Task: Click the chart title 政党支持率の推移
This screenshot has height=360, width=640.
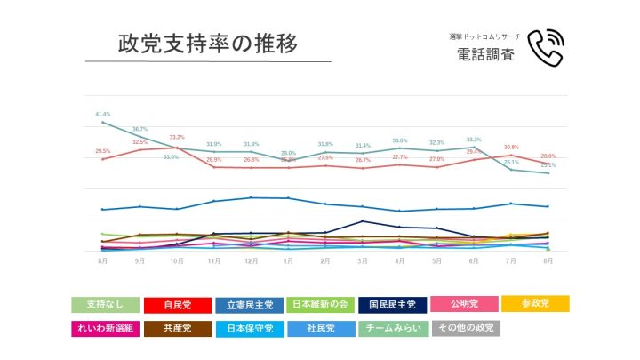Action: [208, 43]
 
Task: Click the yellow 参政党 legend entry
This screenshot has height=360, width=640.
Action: [535, 304]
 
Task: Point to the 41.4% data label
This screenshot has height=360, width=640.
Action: [103, 115]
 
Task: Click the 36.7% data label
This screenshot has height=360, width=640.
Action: [140, 130]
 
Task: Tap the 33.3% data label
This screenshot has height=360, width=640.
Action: [474, 140]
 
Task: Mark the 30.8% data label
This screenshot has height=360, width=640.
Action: [511, 148]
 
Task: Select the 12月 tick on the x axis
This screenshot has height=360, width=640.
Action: [252, 262]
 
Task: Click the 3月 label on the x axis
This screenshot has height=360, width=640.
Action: [363, 262]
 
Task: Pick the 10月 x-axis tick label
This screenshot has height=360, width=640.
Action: [177, 262]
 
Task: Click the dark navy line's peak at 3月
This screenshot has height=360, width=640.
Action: [363, 221]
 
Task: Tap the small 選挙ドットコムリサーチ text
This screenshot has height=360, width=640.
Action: [484, 36]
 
